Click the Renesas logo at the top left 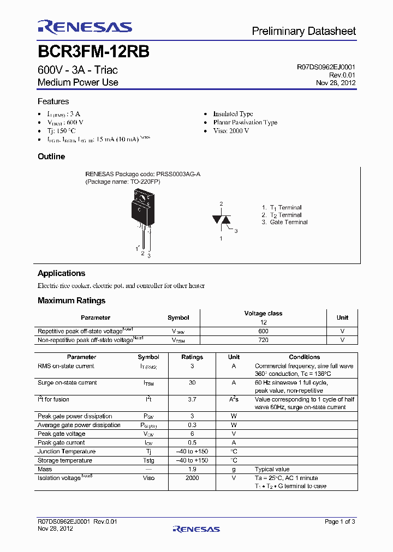(85, 27)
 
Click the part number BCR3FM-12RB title (93, 52)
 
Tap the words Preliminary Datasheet (303, 32)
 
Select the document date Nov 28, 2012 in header (336, 83)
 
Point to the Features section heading (53, 101)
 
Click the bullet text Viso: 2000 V (231, 131)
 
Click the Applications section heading (61, 273)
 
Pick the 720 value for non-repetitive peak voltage (263, 340)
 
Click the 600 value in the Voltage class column (263, 331)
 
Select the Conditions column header (304, 357)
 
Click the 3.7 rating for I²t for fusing (192, 400)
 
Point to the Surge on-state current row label (67, 382)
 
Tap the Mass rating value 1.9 (192, 469)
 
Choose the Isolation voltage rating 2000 (192, 478)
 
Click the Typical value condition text (272, 469)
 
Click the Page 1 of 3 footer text (340, 522)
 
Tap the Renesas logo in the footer (196, 529)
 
